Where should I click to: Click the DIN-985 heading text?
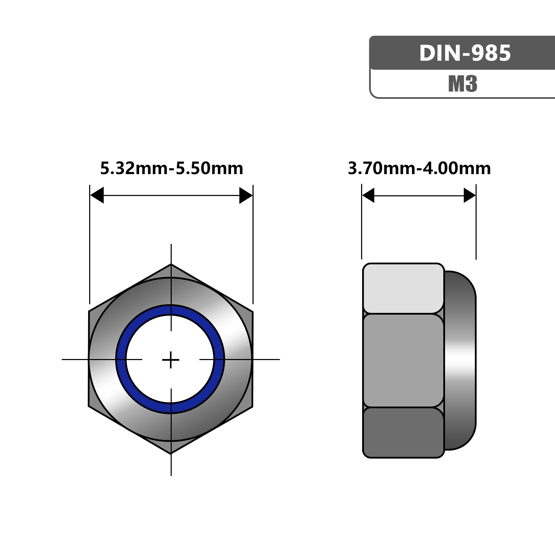point(465,53)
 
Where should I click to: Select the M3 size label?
point(463,84)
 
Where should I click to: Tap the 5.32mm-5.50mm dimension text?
point(172,169)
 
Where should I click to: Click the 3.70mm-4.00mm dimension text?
point(419,169)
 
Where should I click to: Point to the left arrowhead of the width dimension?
point(97,195)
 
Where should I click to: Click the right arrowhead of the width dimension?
point(246,196)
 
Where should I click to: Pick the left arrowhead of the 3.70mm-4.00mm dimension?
point(368,195)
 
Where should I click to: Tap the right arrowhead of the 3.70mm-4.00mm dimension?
point(470,196)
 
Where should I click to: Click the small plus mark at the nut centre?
point(171,360)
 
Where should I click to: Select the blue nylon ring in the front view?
point(121,360)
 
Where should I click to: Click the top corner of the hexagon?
point(171,265)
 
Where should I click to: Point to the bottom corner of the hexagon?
point(171,453)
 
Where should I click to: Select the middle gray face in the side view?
point(403,360)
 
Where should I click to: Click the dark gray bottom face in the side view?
point(403,432)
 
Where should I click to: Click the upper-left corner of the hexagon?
point(89,311)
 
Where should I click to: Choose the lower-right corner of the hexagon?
point(252,407)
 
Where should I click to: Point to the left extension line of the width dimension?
point(89,243)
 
